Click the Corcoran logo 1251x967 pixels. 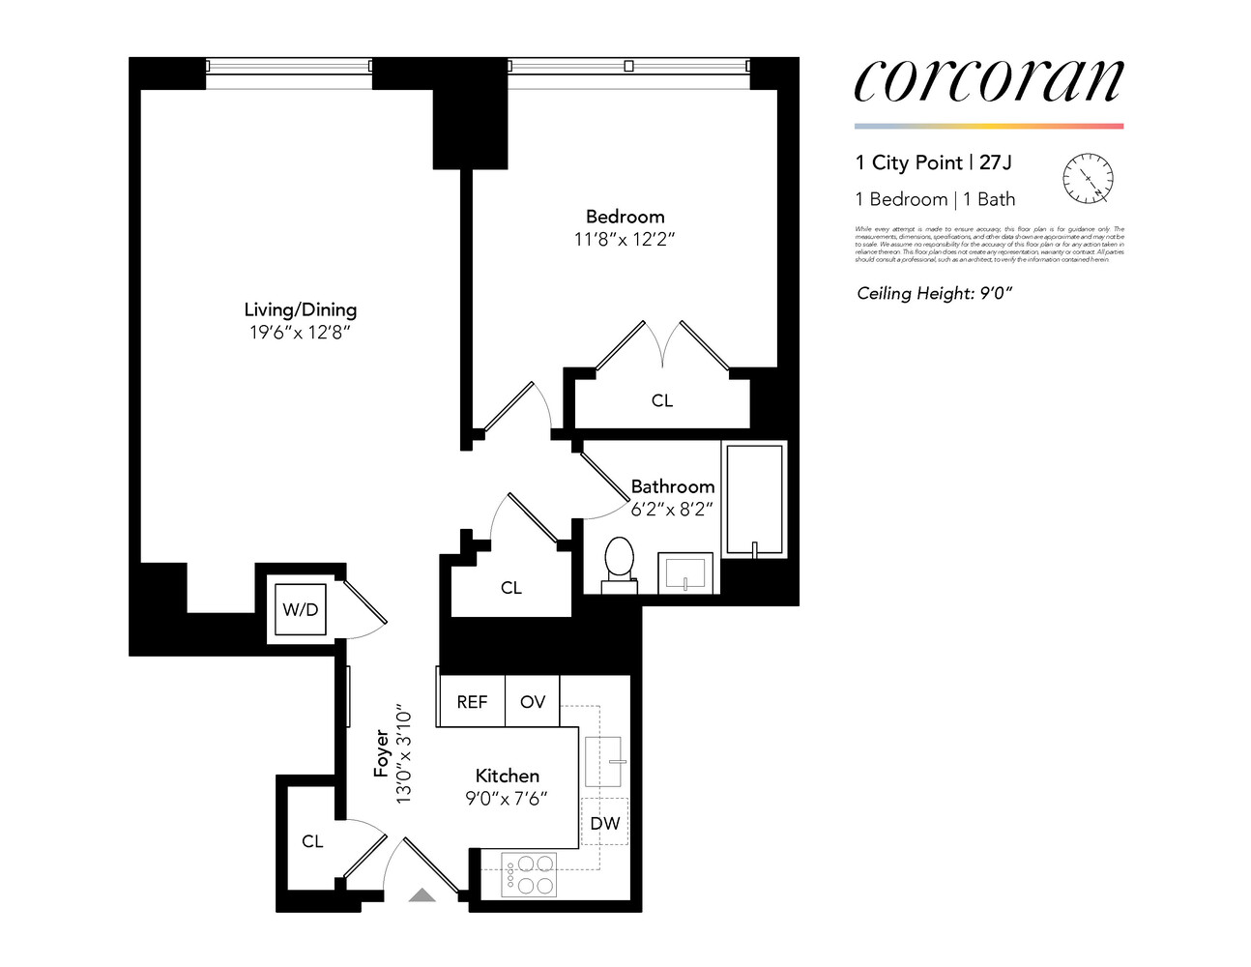click(x=988, y=80)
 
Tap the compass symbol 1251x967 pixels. click(x=1088, y=179)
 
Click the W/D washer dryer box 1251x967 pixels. click(x=300, y=609)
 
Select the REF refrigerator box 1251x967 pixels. click(x=472, y=702)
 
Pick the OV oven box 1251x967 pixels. click(x=533, y=702)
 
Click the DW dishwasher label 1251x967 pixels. click(x=605, y=824)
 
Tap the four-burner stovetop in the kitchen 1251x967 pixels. click(x=530, y=874)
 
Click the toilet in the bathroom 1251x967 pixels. click(x=619, y=564)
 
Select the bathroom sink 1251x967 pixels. click(x=686, y=572)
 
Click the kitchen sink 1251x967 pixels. click(x=603, y=761)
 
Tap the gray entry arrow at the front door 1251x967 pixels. click(x=422, y=895)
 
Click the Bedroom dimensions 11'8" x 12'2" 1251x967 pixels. click(x=625, y=239)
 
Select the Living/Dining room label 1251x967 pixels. click(x=300, y=309)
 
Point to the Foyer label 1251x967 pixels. click(x=382, y=753)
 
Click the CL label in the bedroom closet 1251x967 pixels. click(x=662, y=400)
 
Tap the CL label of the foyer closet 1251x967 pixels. click(x=312, y=841)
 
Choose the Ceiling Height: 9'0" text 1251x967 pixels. click(x=934, y=293)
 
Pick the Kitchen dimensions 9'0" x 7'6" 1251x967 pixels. click(x=507, y=799)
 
